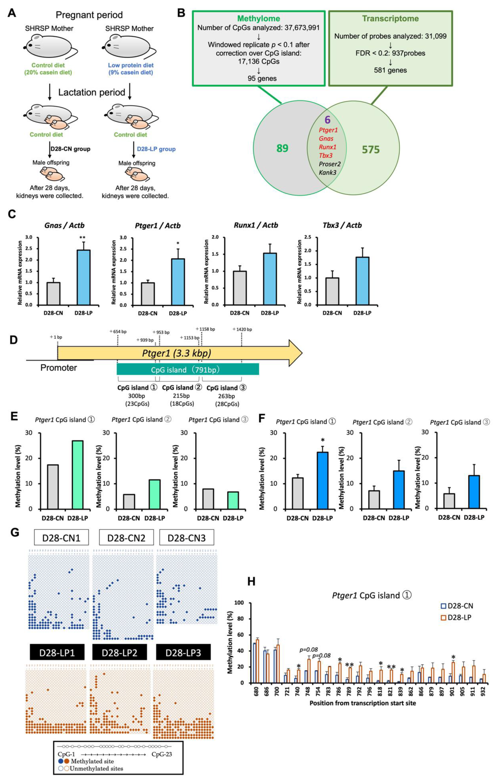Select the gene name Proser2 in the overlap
point(329,164)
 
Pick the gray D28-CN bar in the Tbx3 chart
point(332,291)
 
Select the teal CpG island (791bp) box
point(188,369)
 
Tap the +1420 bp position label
point(242,329)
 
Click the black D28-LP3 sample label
point(183,652)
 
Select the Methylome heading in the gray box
point(258,19)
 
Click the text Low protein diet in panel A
point(131,65)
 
